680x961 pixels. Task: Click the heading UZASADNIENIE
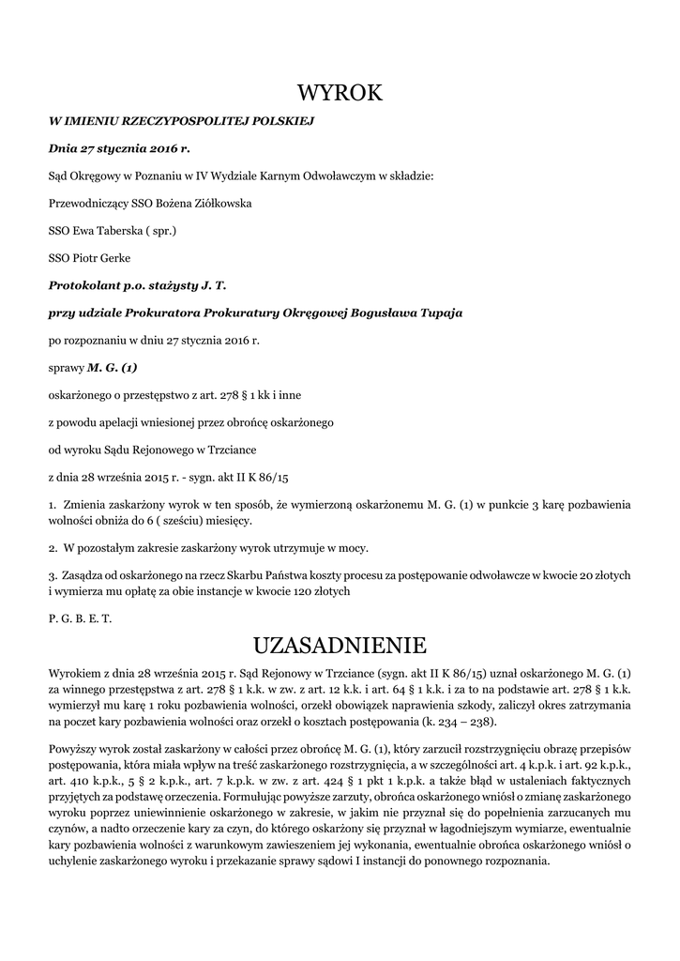[x=340, y=645]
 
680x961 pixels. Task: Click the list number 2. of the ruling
[x=53, y=547]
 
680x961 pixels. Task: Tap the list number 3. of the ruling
[x=53, y=574]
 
